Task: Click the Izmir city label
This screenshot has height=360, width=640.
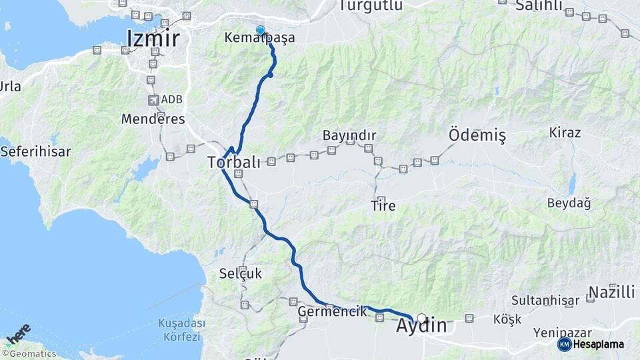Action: (153, 38)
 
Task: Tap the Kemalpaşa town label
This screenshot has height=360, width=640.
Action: (260, 38)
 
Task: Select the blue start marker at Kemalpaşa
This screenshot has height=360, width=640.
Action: (260, 30)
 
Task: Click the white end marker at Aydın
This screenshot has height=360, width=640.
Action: (421, 319)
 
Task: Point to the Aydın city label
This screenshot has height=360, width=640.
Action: (421, 327)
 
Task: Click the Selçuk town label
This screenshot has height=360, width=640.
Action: (241, 273)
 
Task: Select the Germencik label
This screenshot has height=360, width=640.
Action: (332, 311)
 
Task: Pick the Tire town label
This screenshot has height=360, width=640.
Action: (383, 206)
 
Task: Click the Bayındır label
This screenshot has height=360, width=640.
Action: (349, 135)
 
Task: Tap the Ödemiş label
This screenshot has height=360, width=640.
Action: (477, 135)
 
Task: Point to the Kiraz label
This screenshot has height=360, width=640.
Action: (565, 133)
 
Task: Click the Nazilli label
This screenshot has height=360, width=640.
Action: (611, 292)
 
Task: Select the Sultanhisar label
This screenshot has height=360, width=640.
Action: (545, 301)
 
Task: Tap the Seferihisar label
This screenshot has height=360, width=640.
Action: (35, 151)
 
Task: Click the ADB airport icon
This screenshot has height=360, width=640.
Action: (155, 100)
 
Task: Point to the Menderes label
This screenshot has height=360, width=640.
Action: (153, 119)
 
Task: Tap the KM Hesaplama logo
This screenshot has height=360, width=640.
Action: (591, 344)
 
